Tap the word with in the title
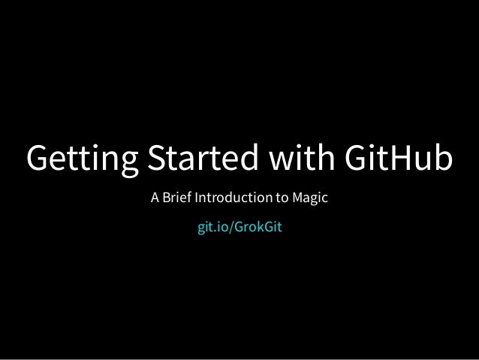pyautogui.click(x=298, y=159)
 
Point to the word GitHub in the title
pyautogui.click(x=398, y=159)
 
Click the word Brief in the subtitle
pyautogui.click(x=177, y=201)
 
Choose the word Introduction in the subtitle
pyautogui.click(x=236, y=201)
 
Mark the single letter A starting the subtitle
pyautogui.click(x=155, y=201)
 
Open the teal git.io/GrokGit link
pyautogui.click(x=239, y=226)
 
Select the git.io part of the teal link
pyautogui.click(x=212, y=226)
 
